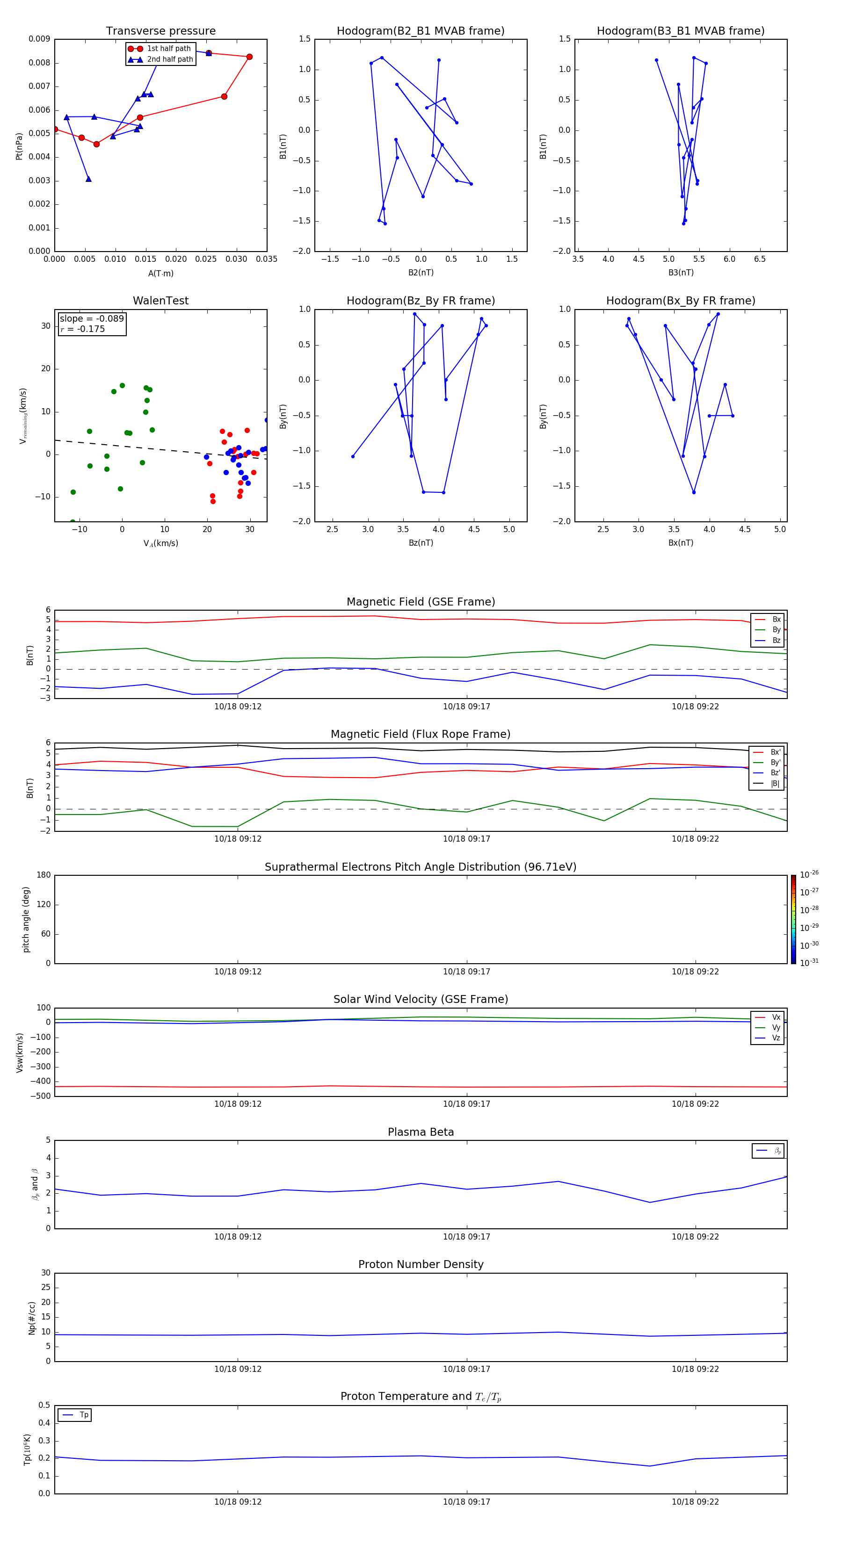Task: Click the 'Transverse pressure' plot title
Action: click(160, 31)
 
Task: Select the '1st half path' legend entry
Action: click(168, 49)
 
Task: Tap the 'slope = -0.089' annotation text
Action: click(92, 319)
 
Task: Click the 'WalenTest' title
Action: click(160, 301)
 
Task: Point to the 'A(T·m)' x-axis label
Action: click(160, 274)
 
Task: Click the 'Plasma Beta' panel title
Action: click(421, 1132)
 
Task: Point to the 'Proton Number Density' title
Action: click(421, 1264)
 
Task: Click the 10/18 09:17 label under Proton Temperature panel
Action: click(466, 1502)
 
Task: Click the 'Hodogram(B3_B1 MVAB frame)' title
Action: click(680, 31)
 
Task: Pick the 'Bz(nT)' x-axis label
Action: click(421, 543)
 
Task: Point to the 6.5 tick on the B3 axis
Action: click(759, 260)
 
